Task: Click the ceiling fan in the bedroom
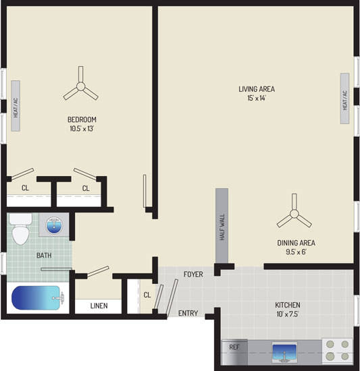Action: click(81, 86)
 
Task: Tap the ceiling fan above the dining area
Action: click(294, 214)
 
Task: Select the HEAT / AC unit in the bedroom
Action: click(16, 106)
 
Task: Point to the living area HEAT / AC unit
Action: click(345, 98)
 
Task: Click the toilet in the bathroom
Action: click(21, 229)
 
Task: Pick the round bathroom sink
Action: click(54, 225)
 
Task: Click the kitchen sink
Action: click(284, 352)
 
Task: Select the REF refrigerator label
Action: click(234, 347)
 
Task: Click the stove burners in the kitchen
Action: click(337, 350)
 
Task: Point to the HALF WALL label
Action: click(222, 227)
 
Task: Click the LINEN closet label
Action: click(99, 306)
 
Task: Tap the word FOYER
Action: click(193, 275)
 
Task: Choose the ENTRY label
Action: click(188, 313)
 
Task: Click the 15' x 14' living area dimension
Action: click(257, 98)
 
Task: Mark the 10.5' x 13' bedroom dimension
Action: click(82, 128)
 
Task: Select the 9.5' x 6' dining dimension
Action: click(296, 252)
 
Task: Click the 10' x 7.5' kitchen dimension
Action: click(288, 314)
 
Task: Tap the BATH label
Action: click(44, 255)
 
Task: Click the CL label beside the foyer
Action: click(147, 295)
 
